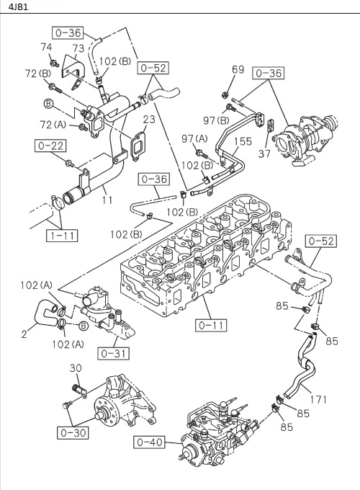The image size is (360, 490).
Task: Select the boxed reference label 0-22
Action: [50, 146]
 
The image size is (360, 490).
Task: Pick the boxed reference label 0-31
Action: [113, 353]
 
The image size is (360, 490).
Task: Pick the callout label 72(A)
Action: [53, 125]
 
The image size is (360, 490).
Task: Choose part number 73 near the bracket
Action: [77, 48]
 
